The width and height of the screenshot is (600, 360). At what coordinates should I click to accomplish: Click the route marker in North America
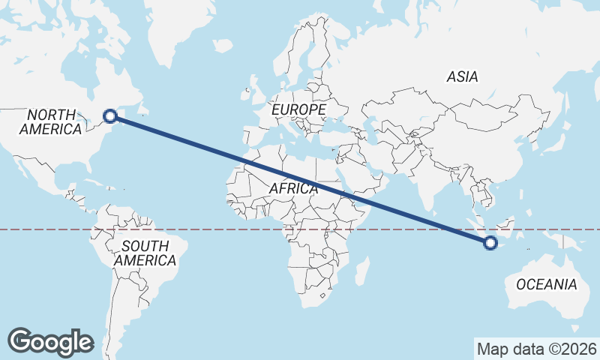click(x=110, y=115)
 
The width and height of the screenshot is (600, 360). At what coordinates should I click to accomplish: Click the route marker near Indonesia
click(x=490, y=242)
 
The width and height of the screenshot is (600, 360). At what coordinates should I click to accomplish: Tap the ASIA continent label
click(x=462, y=76)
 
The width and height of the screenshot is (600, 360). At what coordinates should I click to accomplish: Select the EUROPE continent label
click(x=298, y=110)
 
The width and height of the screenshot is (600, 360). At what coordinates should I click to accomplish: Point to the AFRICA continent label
click(x=293, y=189)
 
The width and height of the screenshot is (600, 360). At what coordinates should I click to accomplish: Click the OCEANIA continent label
click(x=546, y=284)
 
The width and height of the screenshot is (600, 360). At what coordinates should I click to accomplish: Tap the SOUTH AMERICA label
click(x=145, y=253)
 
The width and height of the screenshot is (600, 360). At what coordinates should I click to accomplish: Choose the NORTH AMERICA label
click(x=51, y=122)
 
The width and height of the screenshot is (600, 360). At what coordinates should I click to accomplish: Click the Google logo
click(x=50, y=341)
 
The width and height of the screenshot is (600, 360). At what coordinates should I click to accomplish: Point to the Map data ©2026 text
click(x=536, y=349)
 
